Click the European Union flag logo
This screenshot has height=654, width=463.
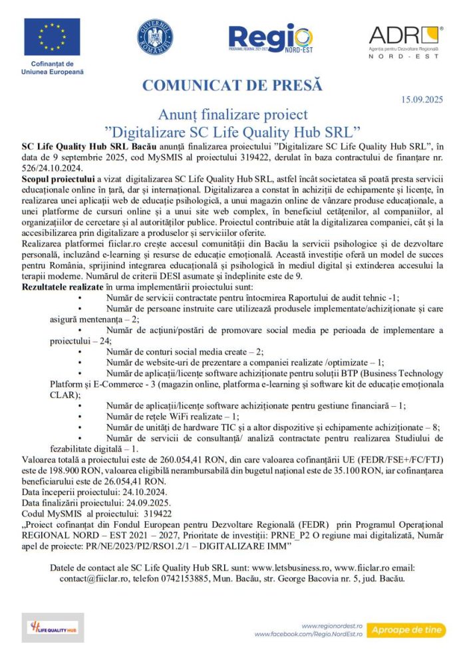(52, 37)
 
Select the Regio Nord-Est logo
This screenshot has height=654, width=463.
(269, 39)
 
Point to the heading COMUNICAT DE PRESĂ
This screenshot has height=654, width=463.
(232, 85)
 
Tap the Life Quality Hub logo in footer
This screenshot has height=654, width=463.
(53, 627)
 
